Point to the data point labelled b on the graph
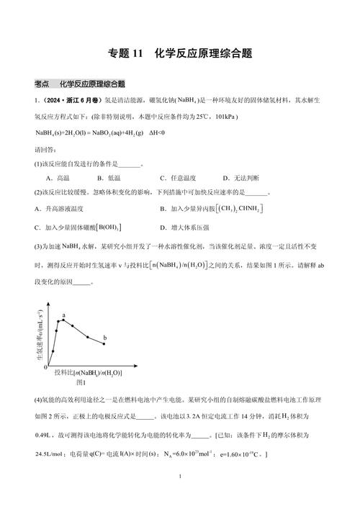pos(104,343)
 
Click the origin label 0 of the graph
pos(45,367)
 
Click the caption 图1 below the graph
pos(81,382)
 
